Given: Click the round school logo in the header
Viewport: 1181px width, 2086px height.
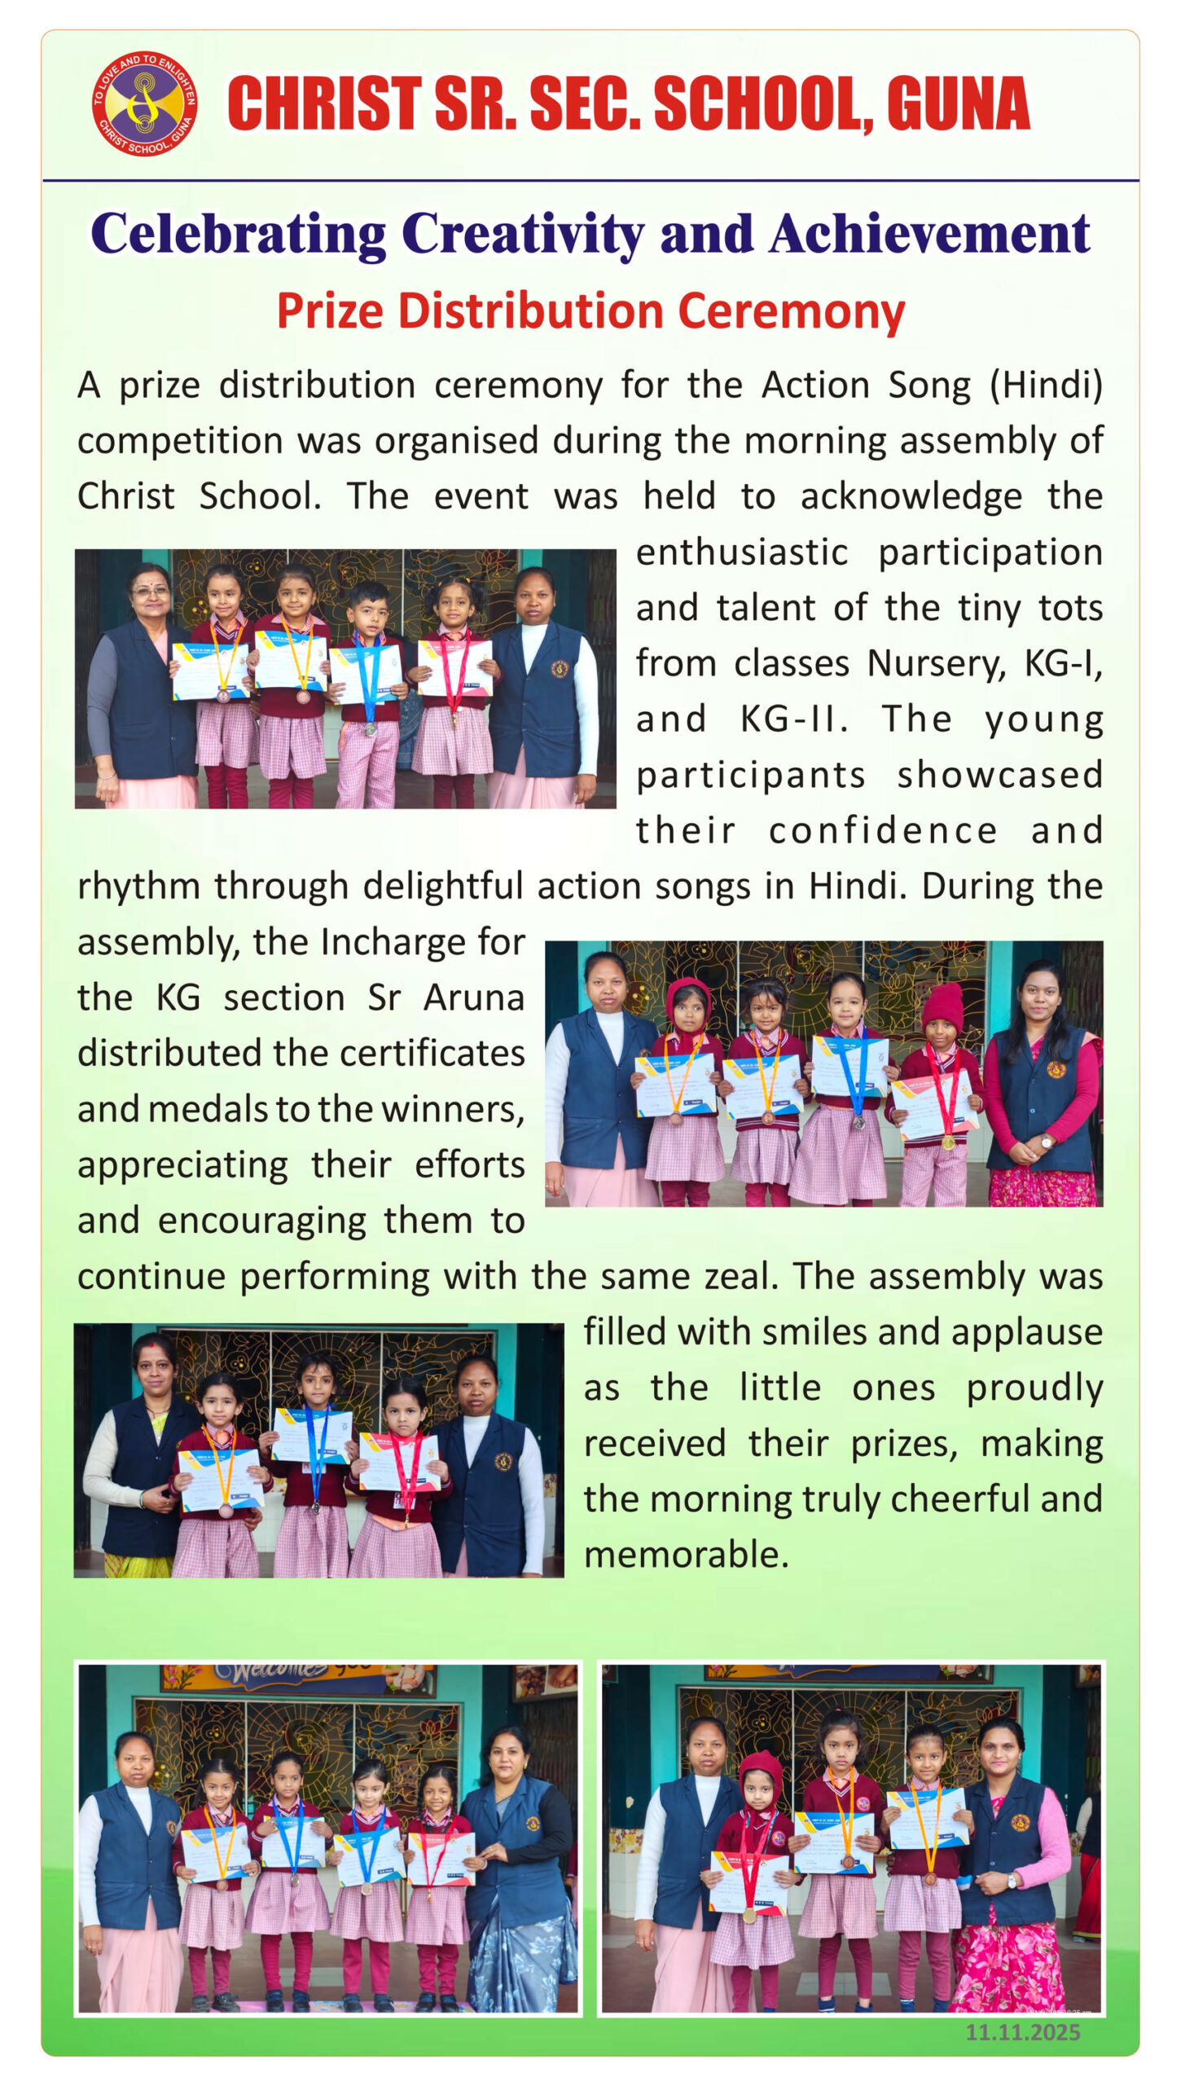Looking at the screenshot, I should tap(144, 103).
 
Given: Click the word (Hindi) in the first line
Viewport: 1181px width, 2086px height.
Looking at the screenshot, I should tap(1046, 385).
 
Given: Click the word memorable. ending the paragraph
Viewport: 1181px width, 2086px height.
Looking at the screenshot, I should tap(686, 1555).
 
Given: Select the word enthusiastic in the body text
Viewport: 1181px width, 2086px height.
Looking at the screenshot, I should tap(741, 553).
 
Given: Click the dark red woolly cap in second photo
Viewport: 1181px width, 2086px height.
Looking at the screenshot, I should tap(942, 1006).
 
